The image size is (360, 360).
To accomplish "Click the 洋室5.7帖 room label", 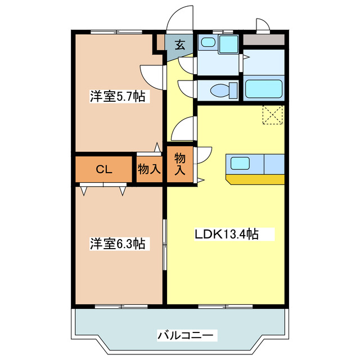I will [118, 97].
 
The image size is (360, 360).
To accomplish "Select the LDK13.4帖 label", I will [227, 234].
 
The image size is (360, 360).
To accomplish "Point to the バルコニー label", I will [185, 336].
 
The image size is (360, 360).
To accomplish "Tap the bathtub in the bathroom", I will [263, 89].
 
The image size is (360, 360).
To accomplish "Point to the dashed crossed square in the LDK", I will [274, 115].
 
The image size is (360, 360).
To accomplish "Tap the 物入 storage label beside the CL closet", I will [150, 169].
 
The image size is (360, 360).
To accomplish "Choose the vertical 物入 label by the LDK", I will [180, 164].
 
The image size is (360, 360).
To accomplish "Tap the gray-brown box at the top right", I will [264, 40].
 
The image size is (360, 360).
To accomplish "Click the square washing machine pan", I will [228, 44].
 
